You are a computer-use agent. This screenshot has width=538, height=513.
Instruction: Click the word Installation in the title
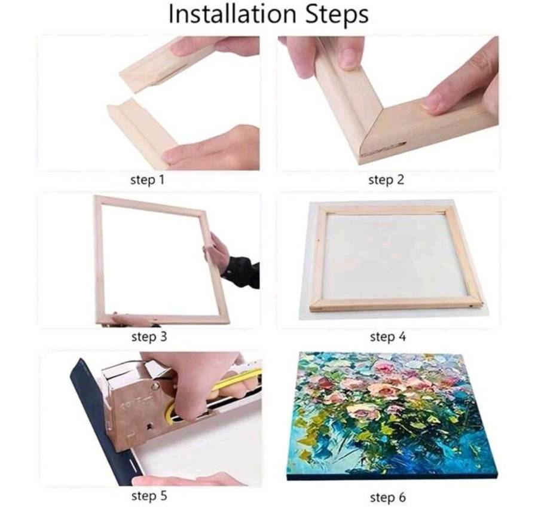(233, 14)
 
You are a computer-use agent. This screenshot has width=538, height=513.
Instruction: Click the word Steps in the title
(337, 15)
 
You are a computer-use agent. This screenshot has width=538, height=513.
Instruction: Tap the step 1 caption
(148, 180)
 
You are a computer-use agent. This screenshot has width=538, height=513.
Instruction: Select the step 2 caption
(386, 180)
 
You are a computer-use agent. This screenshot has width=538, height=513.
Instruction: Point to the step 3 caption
(149, 337)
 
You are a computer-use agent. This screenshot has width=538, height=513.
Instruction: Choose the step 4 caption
(388, 337)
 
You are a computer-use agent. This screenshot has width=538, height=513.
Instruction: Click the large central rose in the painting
(384, 390)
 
